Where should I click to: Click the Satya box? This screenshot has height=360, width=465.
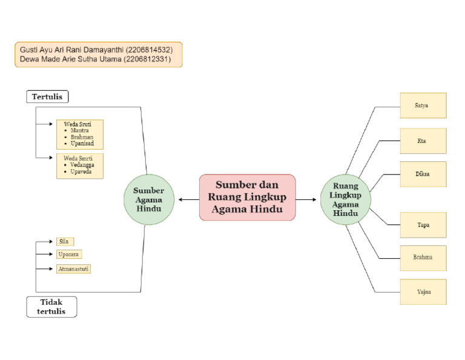pyautogui.click(x=423, y=105)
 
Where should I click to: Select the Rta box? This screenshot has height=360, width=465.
pyautogui.click(x=423, y=141)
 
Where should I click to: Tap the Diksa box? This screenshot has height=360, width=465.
pyautogui.click(x=423, y=174)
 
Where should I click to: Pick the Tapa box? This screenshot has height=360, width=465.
pyautogui.click(x=423, y=225)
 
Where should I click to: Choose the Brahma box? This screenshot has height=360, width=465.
pyautogui.click(x=423, y=258)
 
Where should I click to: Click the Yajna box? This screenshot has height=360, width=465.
pyautogui.click(x=423, y=292)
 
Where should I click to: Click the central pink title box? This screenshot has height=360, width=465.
pyautogui.click(x=247, y=198)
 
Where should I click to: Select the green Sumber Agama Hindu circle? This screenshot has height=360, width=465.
pyautogui.click(x=148, y=199)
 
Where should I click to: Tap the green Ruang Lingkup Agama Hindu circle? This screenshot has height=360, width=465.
pyautogui.click(x=345, y=199)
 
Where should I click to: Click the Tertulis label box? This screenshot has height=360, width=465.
pyautogui.click(x=47, y=96)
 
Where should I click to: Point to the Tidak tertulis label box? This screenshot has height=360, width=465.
pyautogui.click(x=51, y=307)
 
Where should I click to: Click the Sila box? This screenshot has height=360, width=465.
pyautogui.click(x=64, y=241)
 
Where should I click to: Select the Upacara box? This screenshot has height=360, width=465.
pyautogui.click(x=68, y=255)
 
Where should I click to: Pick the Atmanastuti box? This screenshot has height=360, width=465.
pyautogui.click(x=73, y=268)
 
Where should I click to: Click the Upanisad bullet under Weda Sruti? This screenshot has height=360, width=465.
pyautogui.click(x=82, y=144)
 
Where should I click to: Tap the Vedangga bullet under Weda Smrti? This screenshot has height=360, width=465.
pyautogui.click(x=82, y=165)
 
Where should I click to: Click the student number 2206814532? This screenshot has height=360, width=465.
pyautogui.click(x=153, y=49)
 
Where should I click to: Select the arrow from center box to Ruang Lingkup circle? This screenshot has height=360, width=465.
pyautogui.click(x=308, y=199)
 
